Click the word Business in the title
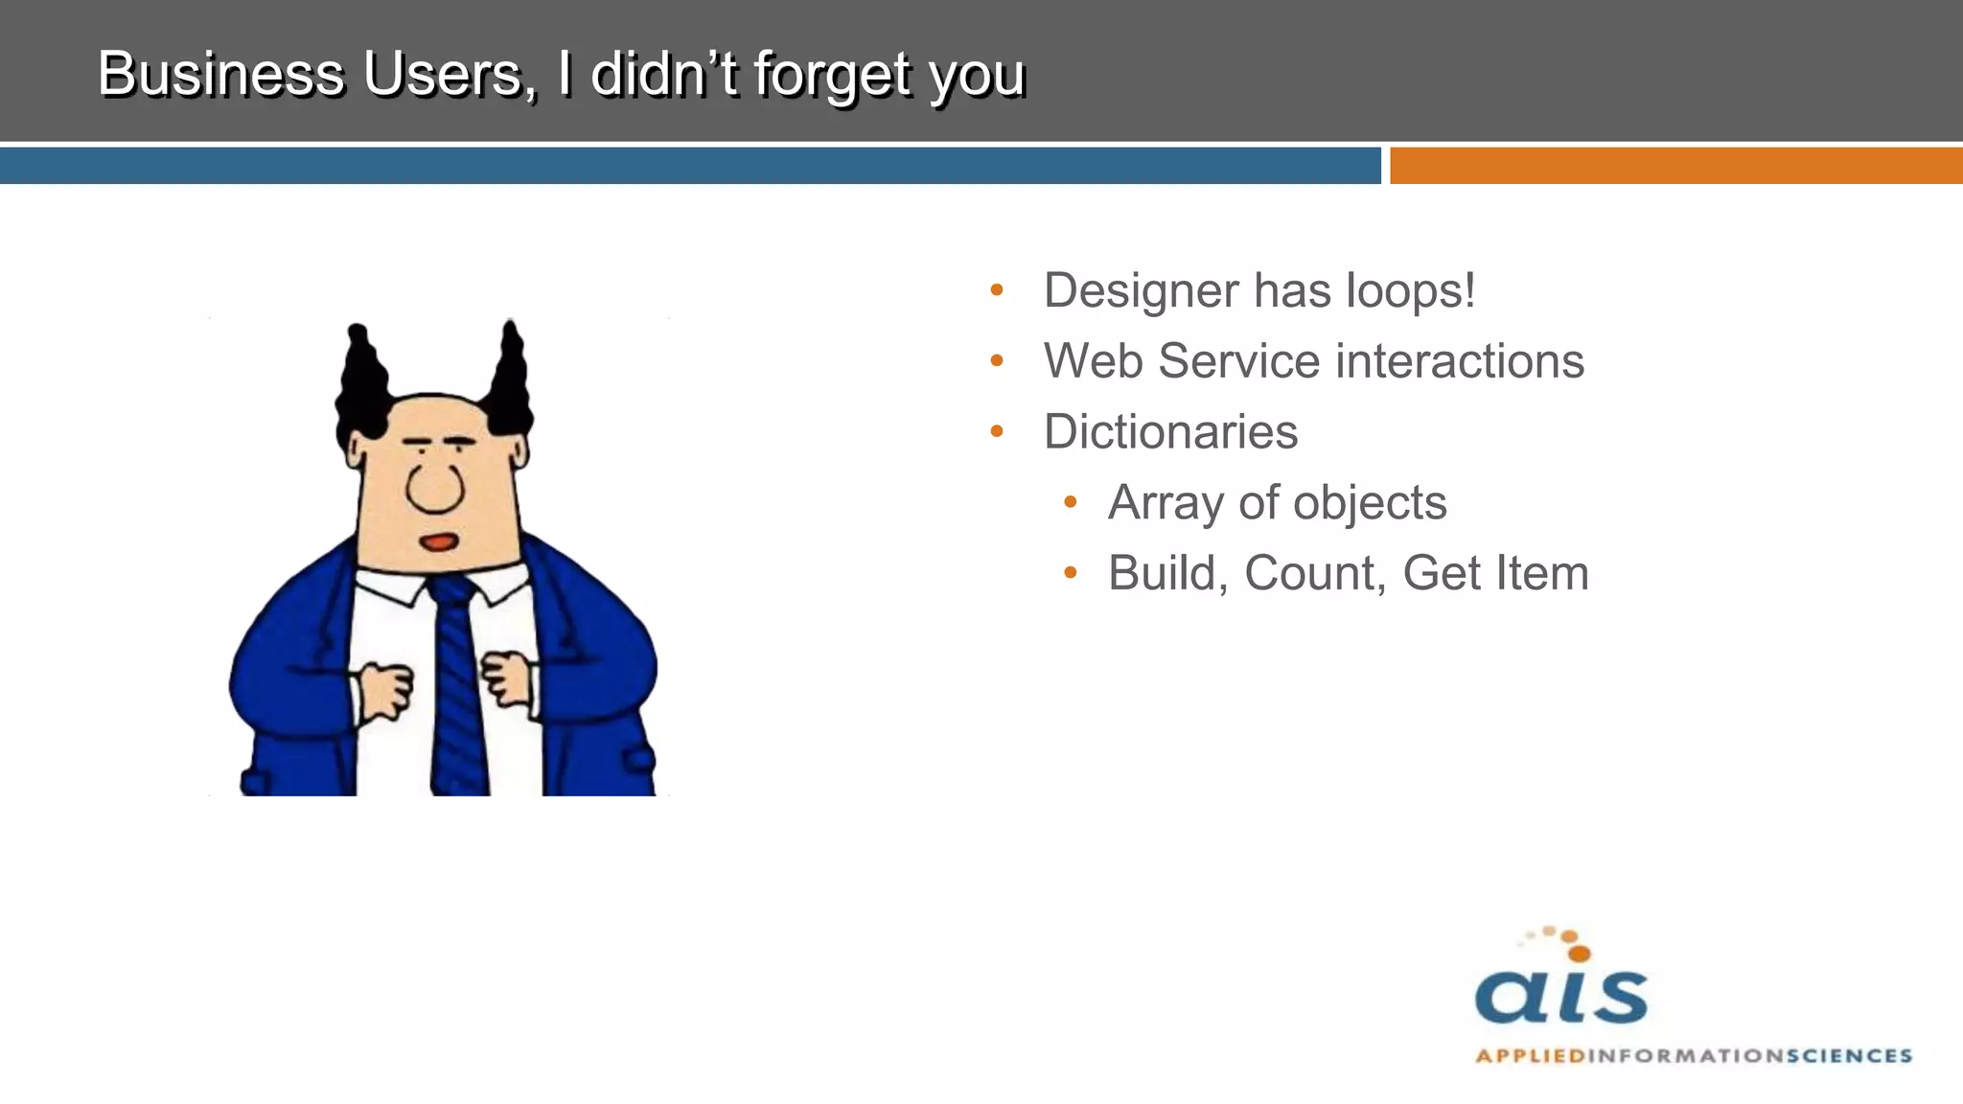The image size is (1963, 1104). [220, 74]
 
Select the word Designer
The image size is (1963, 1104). [1142, 291]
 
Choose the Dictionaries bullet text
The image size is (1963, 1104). [1170, 432]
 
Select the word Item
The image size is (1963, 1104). [1544, 573]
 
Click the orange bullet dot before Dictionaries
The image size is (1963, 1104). [997, 432]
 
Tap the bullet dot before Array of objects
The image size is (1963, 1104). [1071, 502]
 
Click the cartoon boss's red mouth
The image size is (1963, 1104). [440, 542]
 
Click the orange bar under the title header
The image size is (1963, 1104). [1675, 166]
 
